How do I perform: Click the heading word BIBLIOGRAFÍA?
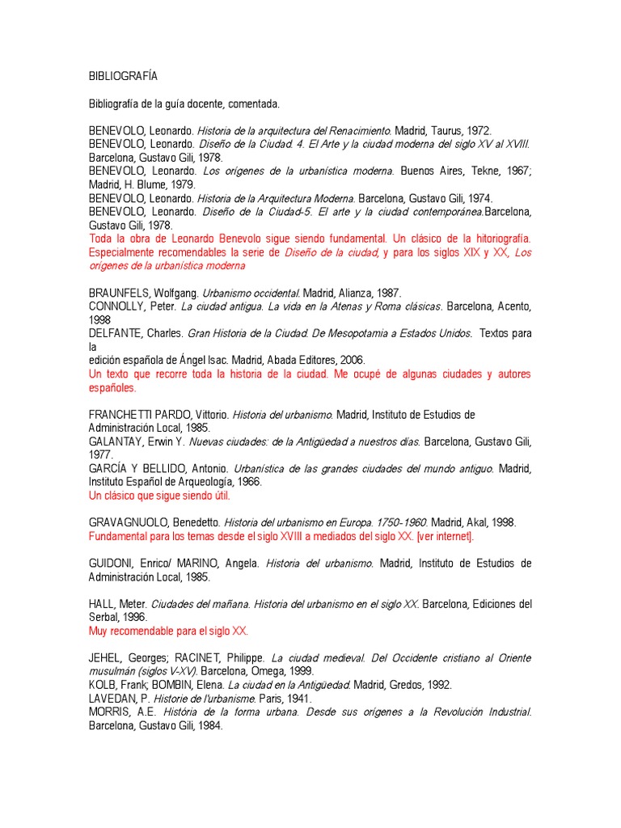(x=123, y=76)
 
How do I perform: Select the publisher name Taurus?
(x=443, y=130)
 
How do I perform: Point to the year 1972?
(x=478, y=130)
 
